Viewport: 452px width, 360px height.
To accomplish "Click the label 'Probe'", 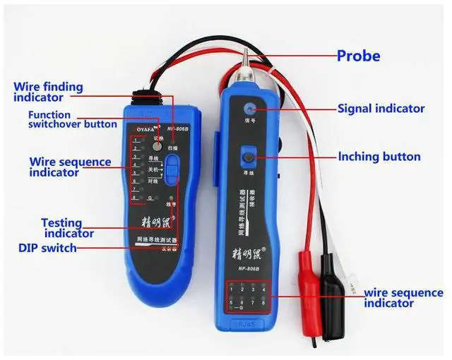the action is [358, 56].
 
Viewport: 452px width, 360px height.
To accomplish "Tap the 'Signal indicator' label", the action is [381, 109].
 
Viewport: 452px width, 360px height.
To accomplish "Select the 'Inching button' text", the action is [379, 157].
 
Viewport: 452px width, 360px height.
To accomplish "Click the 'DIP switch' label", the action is [48, 248].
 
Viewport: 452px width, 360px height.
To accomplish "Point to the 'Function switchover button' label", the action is [72, 119].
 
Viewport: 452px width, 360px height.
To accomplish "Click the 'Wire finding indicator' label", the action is [48, 92].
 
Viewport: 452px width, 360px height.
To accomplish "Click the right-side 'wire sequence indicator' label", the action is [403, 298].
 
